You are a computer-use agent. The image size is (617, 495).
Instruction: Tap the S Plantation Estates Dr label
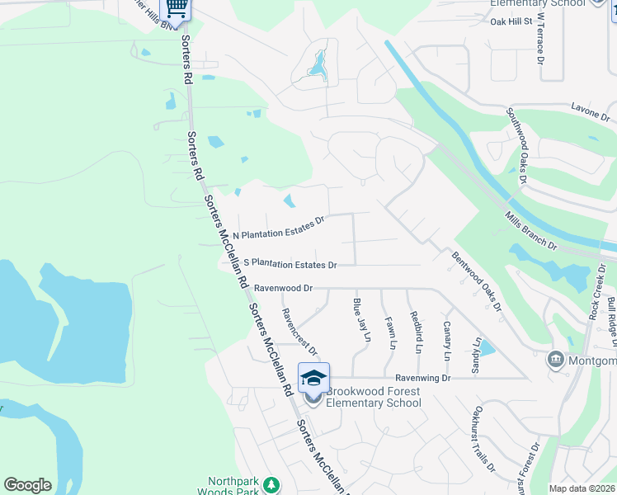click(x=290, y=264)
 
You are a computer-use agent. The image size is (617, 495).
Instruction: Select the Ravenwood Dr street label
click(x=284, y=289)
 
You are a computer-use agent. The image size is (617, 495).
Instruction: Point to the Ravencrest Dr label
click(x=299, y=331)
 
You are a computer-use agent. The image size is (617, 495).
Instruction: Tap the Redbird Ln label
click(x=418, y=332)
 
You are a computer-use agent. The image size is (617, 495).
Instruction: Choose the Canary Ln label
click(x=447, y=341)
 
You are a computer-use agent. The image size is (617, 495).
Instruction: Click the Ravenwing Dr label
click(x=422, y=377)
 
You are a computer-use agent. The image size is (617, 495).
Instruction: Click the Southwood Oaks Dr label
click(x=517, y=146)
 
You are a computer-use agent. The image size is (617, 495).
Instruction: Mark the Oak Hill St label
click(x=511, y=21)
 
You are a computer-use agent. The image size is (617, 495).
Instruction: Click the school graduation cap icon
click(x=313, y=377)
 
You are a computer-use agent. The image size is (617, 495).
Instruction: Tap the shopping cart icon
click(x=176, y=7)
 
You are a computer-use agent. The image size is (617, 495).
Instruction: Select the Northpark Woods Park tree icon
click(x=269, y=484)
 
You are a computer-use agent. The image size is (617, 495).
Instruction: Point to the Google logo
click(x=27, y=485)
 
